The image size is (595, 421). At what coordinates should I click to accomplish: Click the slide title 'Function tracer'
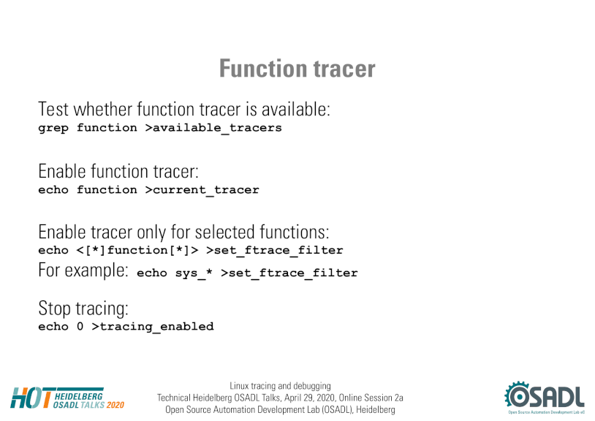point(297,69)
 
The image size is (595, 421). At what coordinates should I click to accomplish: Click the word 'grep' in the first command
point(53,128)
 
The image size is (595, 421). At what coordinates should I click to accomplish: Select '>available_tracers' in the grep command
point(213,128)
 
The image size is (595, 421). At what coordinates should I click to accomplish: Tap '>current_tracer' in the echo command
point(202,189)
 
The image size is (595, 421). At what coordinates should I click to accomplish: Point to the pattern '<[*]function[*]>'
point(137,250)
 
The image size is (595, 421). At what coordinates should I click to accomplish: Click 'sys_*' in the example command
point(194,273)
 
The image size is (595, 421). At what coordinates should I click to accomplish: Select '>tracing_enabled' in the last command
point(153,327)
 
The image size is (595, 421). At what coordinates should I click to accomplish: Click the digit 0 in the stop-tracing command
point(80,326)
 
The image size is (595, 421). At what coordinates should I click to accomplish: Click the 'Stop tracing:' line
point(83,308)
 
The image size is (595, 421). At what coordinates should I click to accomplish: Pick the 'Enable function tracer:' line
point(118,172)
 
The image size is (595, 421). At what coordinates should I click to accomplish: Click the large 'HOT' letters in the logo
point(31,398)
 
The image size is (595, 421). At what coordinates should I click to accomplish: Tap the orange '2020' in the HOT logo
point(115,405)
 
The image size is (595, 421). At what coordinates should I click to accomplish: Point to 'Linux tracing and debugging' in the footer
point(280,386)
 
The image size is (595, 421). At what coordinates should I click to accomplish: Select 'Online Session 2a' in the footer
point(371,398)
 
